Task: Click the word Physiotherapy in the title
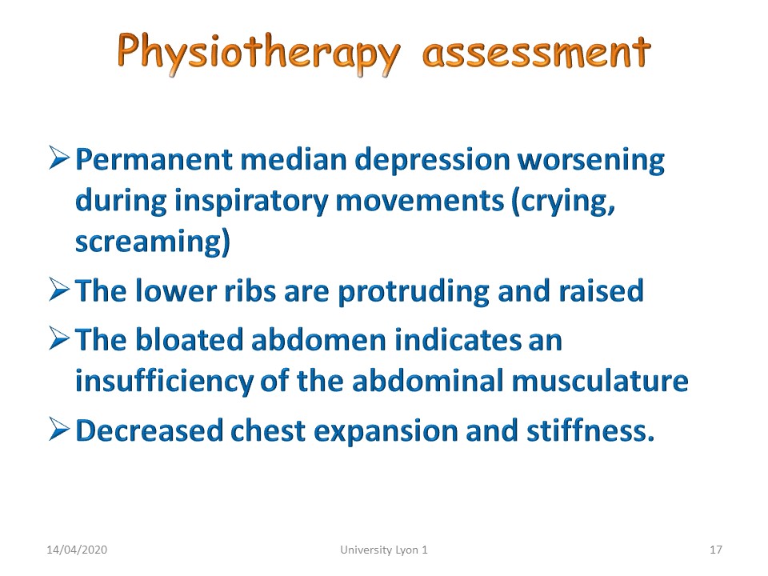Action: coord(258,53)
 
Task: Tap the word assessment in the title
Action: coord(536,53)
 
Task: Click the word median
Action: coord(294,160)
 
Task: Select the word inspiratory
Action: coord(251,202)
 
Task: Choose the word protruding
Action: coord(414,293)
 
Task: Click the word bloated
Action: coord(189,340)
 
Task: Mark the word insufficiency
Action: coord(165,382)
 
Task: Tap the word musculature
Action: coord(600,381)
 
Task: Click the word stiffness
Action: coord(590,430)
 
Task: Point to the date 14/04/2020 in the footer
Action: coord(77,550)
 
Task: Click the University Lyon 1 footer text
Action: coord(384,550)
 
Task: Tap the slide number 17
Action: coord(716,550)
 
